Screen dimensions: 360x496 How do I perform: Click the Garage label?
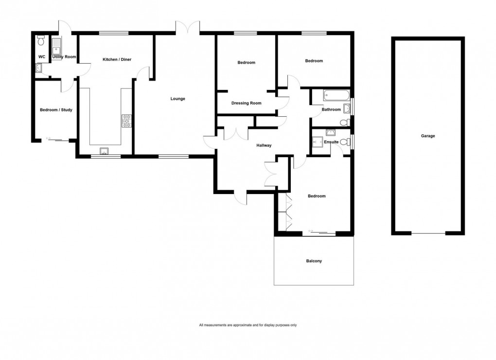tap(428, 136)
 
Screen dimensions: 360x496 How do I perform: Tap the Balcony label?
tap(314, 261)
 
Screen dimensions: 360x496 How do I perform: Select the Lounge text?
tap(177, 99)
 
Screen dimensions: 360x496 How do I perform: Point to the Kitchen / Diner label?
tap(117, 59)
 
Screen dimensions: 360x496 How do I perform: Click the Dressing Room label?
tap(246, 103)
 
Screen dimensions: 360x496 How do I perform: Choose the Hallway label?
tap(264, 145)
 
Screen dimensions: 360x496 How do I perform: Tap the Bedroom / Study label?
tap(56, 110)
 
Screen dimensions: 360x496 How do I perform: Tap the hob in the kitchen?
tap(126, 121)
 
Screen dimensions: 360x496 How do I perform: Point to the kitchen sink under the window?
tap(104, 151)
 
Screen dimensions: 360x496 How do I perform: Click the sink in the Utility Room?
tap(57, 46)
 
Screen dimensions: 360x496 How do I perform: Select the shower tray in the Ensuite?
tap(319, 143)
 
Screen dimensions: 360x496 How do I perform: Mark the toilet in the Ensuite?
tap(344, 142)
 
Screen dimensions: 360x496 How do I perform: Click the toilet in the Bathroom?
tap(344, 122)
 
